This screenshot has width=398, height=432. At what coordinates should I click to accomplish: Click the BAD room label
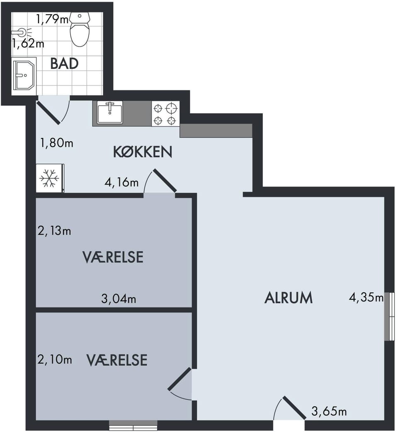tap(64, 64)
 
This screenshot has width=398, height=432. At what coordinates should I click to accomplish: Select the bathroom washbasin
tap(24, 75)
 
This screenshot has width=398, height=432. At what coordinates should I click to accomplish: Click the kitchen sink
tap(110, 112)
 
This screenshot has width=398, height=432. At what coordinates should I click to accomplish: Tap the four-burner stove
tap(165, 114)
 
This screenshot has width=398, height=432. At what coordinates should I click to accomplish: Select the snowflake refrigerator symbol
tap(50, 178)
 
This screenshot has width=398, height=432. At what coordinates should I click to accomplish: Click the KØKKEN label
tap(143, 152)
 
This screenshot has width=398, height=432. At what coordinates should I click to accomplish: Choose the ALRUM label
tap(289, 298)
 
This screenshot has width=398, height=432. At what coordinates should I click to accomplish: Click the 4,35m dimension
tap(366, 297)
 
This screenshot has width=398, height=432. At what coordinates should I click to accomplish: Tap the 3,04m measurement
tap(119, 299)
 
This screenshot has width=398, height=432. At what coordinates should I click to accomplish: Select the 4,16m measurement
tap(121, 182)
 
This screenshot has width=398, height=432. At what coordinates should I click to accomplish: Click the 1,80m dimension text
tap(57, 143)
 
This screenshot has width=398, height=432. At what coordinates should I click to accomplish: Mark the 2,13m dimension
tap(54, 231)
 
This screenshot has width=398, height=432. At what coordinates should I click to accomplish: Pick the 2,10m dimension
tap(55, 359)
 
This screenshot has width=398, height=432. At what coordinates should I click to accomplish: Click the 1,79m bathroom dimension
tap(52, 19)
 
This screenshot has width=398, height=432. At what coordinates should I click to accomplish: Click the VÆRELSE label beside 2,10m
tap(117, 360)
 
